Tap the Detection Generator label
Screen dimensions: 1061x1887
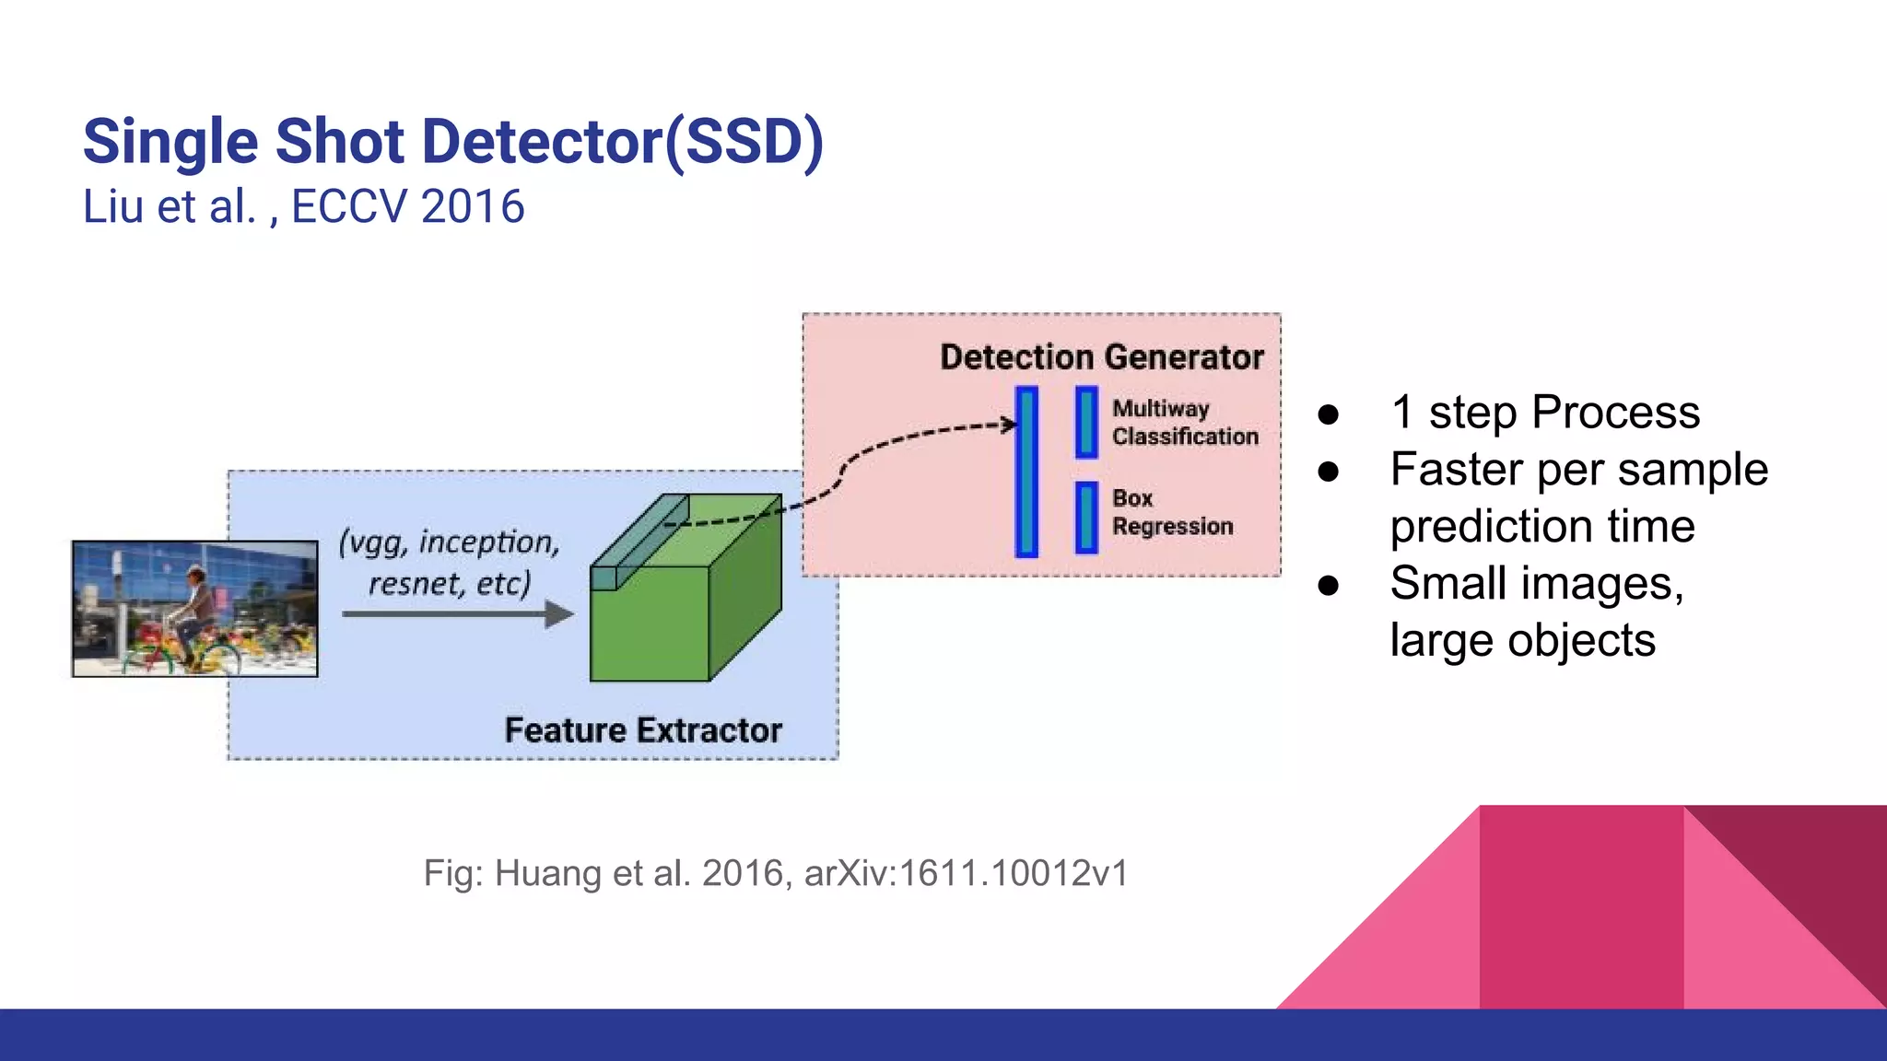click(1101, 357)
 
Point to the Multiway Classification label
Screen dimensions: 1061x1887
click(1184, 423)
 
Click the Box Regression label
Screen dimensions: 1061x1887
click(1171, 512)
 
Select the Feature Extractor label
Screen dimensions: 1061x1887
click(643, 730)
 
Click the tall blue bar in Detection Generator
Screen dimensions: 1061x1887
click(1026, 472)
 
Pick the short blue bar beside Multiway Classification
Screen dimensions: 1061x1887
click(1087, 423)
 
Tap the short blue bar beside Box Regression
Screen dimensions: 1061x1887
click(1087, 518)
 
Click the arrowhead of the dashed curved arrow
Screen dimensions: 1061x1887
click(1010, 425)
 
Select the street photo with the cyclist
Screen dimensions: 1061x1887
click(195, 609)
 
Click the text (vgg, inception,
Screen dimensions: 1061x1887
click(450, 542)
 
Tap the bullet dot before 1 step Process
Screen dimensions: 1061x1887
click(1328, 414)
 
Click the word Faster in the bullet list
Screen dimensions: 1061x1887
click(1456, 470)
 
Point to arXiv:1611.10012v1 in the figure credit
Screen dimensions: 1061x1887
click(966, 873)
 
